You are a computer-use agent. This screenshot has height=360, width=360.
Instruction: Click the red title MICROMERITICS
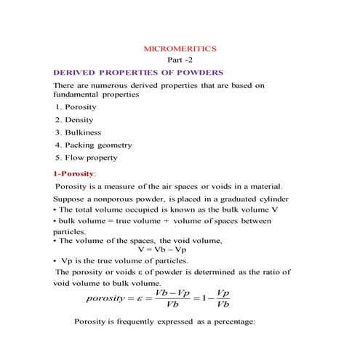point(180,48)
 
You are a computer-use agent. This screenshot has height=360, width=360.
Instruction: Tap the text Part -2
point(180,60)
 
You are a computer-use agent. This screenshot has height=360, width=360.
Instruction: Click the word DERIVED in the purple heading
point(74,73)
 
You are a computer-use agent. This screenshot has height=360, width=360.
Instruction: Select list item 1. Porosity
point(76,107)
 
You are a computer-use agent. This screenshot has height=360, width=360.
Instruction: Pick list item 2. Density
point(74,119)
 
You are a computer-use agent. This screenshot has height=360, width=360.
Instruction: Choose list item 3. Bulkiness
point(79,132)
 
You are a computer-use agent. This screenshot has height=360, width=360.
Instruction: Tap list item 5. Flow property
point(86,157)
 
